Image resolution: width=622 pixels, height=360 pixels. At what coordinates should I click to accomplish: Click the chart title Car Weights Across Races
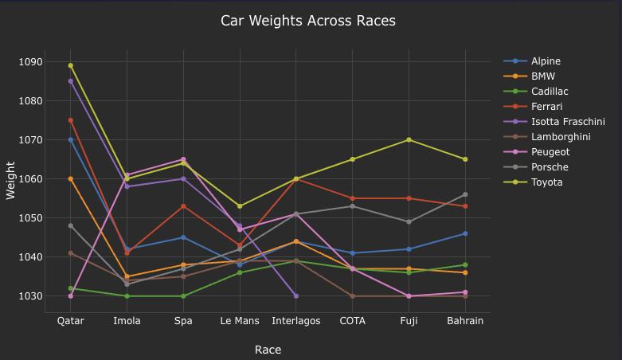pos(307,21)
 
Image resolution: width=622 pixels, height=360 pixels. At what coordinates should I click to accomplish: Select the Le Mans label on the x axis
pos(240,321)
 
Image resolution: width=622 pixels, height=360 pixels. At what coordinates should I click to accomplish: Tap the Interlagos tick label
pos(296,321)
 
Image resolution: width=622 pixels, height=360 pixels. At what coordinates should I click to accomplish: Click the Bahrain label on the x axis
pos(465,321)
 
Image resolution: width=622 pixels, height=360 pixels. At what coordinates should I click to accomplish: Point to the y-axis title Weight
pos(11,179)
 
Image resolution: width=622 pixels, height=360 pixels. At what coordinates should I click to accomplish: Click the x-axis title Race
pos(268,350)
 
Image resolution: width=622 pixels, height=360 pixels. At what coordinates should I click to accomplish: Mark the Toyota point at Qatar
pos(71,65)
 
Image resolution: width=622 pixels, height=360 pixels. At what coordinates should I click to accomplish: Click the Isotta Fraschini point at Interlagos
pos(296,296)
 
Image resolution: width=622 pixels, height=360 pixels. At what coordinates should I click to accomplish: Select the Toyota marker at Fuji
pos(409,140)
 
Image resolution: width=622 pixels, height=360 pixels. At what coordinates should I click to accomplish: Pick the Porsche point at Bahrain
pos(465,194)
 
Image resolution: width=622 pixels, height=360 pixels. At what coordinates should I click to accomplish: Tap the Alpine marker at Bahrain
pos(465,233)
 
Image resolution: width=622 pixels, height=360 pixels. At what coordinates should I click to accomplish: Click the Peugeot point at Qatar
pos(71,296)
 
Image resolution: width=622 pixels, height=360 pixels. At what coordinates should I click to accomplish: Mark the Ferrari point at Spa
pos(183,206)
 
